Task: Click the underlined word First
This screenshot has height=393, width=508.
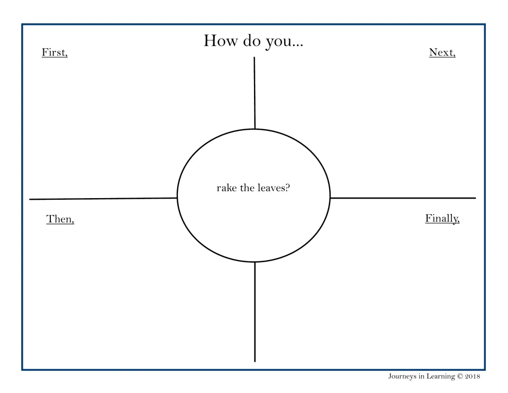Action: tap(55, 52)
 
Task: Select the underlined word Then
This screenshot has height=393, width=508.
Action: tap(60, 219)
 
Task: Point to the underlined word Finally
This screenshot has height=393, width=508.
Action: tap(442, 219)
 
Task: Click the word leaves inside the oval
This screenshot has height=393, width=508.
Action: tap(271, 187)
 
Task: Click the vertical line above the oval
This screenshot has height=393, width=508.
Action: tap(255, 93)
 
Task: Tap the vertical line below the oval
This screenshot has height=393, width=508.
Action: tap(255, 311)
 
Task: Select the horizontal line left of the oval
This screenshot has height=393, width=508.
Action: tap(103, 199)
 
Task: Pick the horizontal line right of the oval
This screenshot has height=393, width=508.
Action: tap(403, 198)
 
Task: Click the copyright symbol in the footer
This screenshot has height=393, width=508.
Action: tap(460, 376)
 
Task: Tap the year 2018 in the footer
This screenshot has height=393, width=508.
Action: tap(473, 376)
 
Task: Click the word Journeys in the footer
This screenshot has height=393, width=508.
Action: tap(402, 377)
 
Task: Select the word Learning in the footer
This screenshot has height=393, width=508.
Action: tap(441, 377)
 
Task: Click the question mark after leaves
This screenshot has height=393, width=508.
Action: tap(288, 187)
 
